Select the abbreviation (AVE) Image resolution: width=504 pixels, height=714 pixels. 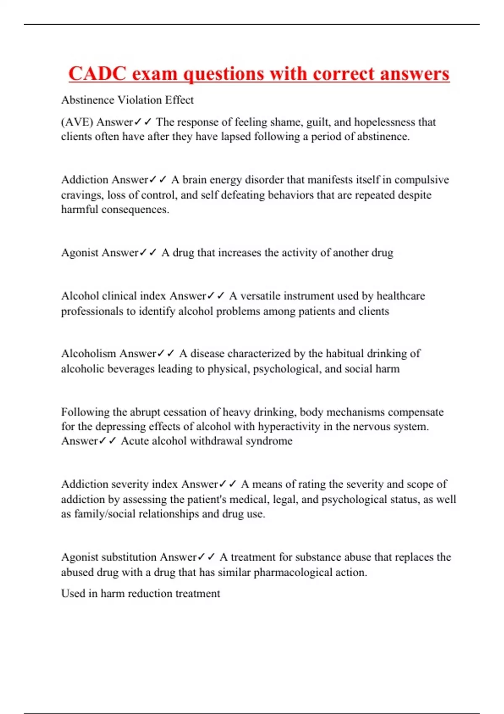77,122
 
